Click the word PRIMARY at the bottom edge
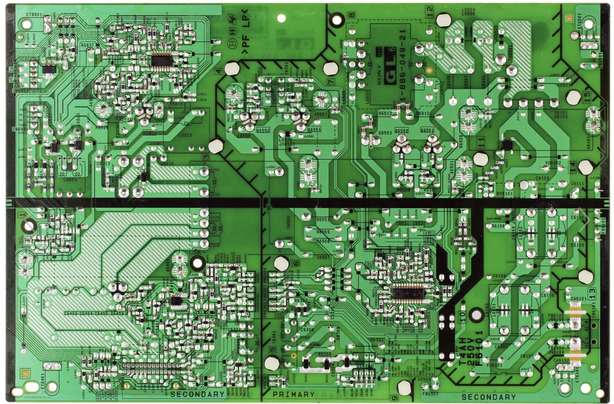[293, 394]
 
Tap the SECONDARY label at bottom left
[197, 394]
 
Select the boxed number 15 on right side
[587, 97]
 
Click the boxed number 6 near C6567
[296, 264]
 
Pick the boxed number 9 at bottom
[395, 398]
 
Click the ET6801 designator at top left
[35, 15]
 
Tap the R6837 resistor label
[88, 45]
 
